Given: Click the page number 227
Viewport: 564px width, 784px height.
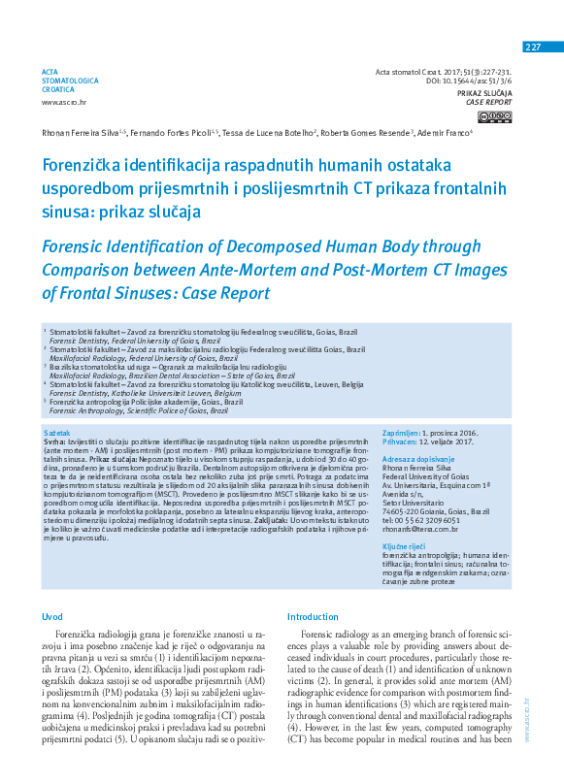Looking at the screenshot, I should pyautogui.click(x=533, y=48).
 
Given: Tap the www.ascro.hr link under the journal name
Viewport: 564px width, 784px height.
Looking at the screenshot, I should pyautogui.click(x=63, y=101).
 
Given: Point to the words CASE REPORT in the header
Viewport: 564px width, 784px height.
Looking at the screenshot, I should pyautogui.click(x=488, y=101).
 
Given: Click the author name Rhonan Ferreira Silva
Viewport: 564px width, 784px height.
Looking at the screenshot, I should pyautogui.click(x=77, y=133).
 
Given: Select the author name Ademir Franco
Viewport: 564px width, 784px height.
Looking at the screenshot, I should pyautogui.click(x=442, y=133).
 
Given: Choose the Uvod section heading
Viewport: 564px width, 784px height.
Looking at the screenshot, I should pyautogui.click(x=52, y=616).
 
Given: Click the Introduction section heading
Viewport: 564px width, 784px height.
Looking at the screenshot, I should pyautogui.click(x=313, y=616).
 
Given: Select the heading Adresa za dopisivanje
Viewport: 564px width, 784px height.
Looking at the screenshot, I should pyautogui.click(x=417, y=458).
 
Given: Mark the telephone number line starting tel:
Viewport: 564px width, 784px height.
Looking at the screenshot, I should pyautogui.click(x=427, y=520).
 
